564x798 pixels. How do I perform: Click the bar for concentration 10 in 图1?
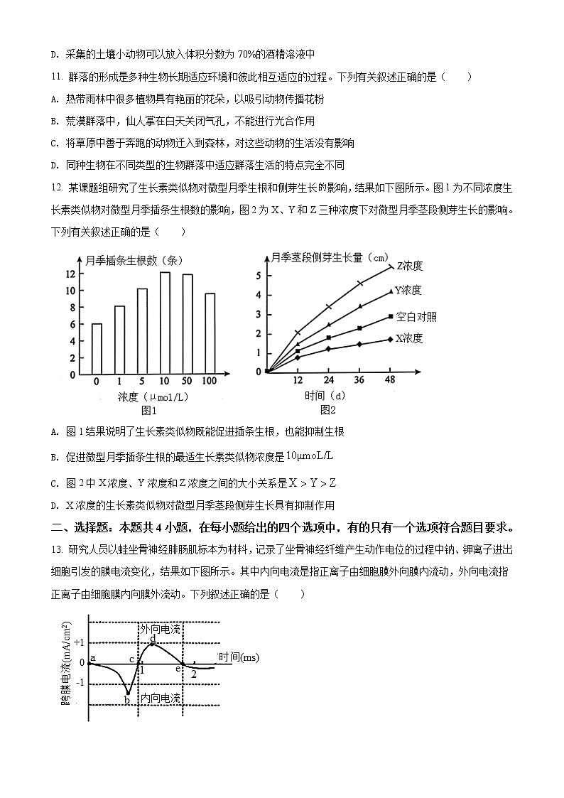pos(165,323)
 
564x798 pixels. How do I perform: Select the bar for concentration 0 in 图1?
pos(97,349)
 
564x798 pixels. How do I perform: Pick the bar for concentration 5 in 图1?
pos(142,331)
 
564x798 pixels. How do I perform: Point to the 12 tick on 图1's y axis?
pos(71,274)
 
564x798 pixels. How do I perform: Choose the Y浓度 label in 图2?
pos(408,290)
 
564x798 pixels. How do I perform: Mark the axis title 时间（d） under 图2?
pos(325,395)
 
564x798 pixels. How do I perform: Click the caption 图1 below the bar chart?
pos(149,410)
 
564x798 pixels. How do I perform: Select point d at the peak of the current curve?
pos(152,638)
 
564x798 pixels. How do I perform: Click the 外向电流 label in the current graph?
pos(160,630)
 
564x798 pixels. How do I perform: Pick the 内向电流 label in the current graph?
pos(160,699)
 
